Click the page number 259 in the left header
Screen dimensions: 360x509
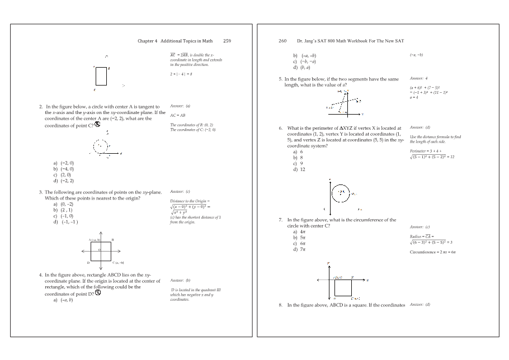[x=227, y=41]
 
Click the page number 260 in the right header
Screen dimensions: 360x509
[x=282, y=41]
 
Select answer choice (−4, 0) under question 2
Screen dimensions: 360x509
[x=66, y=168]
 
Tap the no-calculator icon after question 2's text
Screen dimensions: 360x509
[x=97, y=124]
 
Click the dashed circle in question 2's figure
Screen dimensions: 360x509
[x=101, y=146]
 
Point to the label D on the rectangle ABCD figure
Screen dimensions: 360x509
[x=88, y=262]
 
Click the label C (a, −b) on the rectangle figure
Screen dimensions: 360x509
[x=118, y=262]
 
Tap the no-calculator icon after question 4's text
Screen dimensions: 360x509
[x=97, y=292]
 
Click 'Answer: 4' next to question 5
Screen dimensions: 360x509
[x=418, y=78]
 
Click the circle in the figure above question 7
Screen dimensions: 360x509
[x=340, y=193]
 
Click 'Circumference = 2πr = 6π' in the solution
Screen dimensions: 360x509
[x=433, y=252]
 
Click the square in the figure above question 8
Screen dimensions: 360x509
[x=342, y=287]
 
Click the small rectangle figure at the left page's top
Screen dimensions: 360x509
[x=101, y=76]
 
